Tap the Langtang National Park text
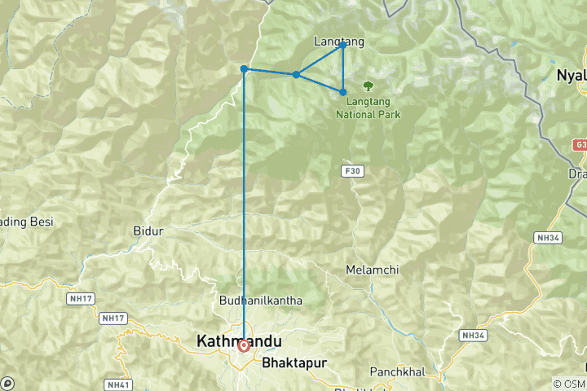[x=368, y=108]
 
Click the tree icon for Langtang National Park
[x=368, y=84]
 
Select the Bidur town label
[x=148, y=231]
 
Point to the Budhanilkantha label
[x=261, y=301]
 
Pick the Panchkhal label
[x=399, y=371]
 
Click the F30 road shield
[x=351, y=171]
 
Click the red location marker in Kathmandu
[x=244, y=346]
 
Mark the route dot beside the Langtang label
[x=343, y=45]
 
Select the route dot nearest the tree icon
[x=343, y=92]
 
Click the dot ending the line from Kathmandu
[x=244, y=69]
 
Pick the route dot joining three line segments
[x=296, y=75]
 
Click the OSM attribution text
[x=569, y=384]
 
